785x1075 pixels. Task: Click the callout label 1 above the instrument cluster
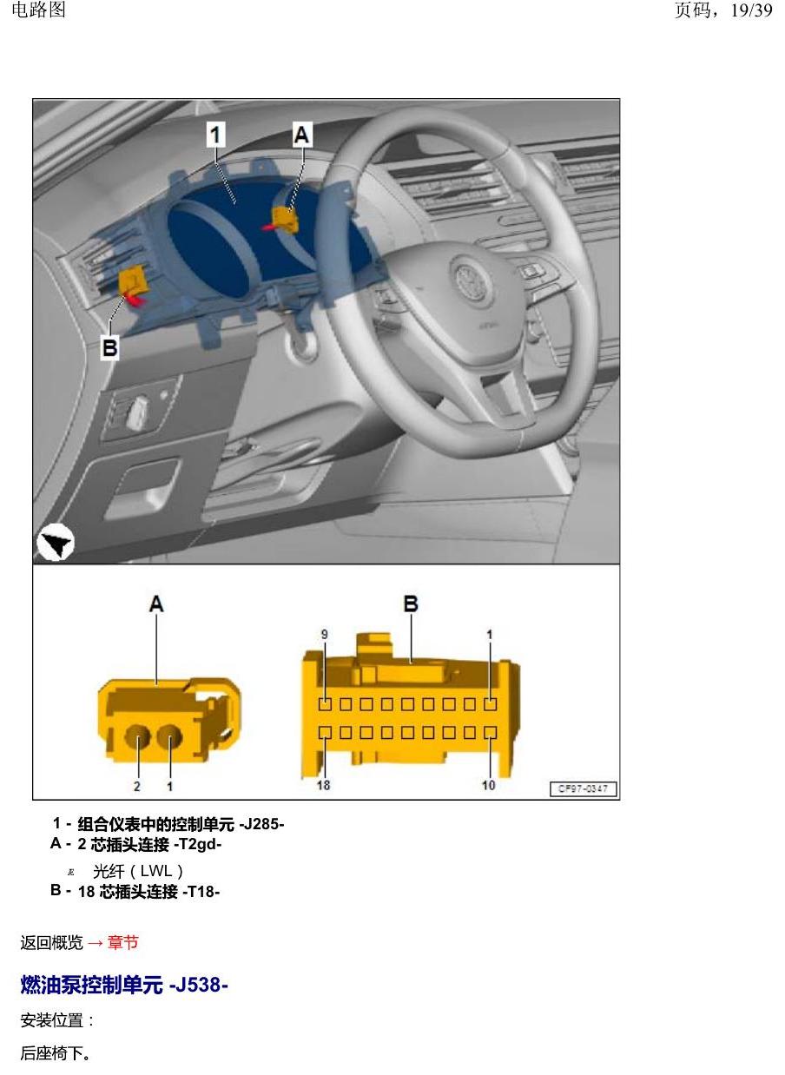[216, 135]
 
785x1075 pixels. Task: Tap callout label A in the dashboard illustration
[302, 135]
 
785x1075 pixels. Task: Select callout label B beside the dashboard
[110, 347]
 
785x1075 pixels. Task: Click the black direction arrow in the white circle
[56, 543]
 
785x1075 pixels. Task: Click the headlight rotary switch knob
[136, 412]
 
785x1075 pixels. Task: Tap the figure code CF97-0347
[583, 788]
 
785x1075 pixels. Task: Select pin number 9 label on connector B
[325, 635]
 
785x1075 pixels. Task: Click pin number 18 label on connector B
[323, 785]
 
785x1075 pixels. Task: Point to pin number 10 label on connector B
[489, 785]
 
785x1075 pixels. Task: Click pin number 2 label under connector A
[136, 786]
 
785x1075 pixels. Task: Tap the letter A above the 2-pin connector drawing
[156, 603]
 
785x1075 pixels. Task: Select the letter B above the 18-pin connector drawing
[411, 603]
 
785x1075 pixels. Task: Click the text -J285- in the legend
[261, 825]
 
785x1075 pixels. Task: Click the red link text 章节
[122, 942]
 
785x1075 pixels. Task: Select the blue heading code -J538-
[198, 985]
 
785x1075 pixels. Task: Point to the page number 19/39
[751, 10]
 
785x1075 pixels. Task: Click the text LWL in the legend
[156, 871]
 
